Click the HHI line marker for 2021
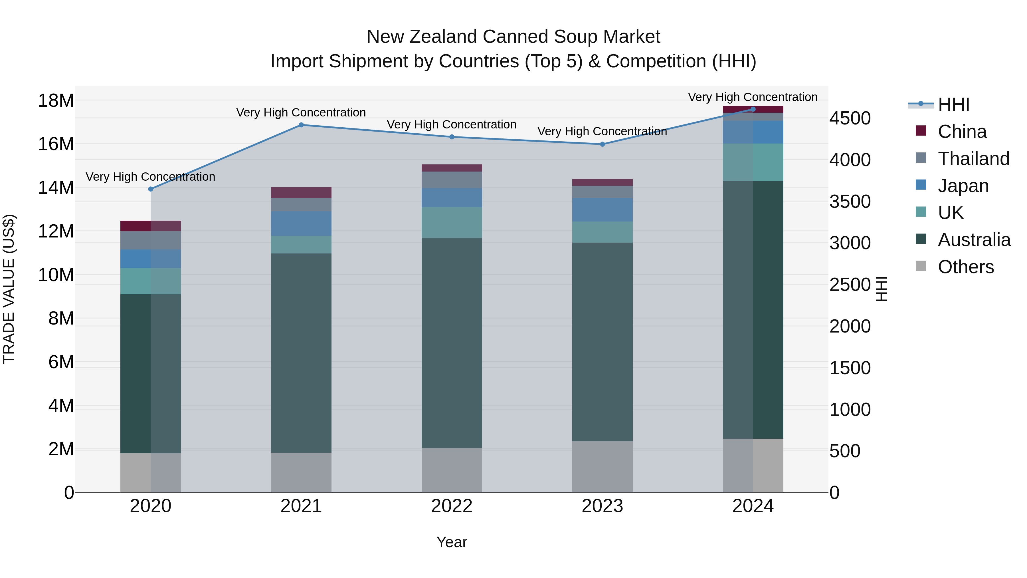click(301, 125)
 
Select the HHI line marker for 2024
click(753, 109)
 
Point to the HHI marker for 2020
click(151, 189)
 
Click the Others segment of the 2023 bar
click(602, 466)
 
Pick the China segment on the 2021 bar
click(301, 193)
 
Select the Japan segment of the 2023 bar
click(602, 210)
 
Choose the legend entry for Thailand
click(973, 159)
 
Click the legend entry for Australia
click(974, 240)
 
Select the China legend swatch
click(921, 131)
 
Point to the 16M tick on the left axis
click(56, 144)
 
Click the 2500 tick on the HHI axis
click(850, 285)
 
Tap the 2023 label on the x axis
click(602, 506)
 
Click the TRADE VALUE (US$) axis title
click(9, 289)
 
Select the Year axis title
click(451, 542)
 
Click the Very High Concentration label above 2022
click(451, 124)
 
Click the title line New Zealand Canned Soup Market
click(513, 37)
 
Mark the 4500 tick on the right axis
click(850, 118)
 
